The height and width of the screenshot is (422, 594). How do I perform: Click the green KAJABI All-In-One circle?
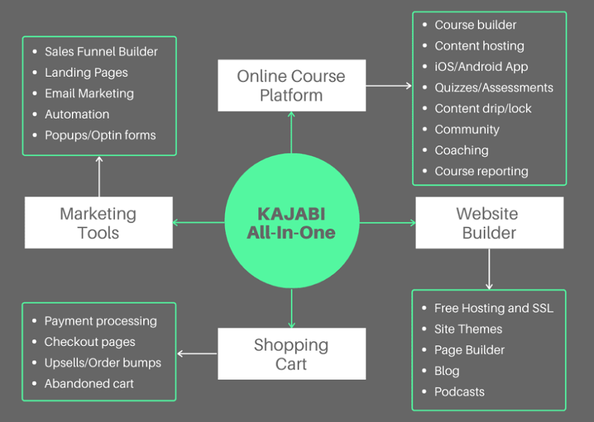(x=292, y=223)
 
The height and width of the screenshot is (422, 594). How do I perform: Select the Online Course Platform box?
(x=292, y=85)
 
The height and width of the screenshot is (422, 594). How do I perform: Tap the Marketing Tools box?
(x=99, y=223)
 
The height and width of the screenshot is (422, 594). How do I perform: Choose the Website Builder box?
(x=489, y=223)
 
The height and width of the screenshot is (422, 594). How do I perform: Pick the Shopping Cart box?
(x=292, y=354)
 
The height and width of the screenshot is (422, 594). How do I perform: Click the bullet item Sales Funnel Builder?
(x=101, y=51)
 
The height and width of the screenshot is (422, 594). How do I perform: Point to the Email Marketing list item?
(x=89, y=94)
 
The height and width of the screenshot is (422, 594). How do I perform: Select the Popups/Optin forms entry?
(x=100, y=135)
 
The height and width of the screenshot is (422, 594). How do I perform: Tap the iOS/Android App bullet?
(x=481, y=67)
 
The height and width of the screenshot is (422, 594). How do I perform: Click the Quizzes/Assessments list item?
(x=494, y=87)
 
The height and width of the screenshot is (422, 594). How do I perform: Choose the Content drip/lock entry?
(x=483, y=108)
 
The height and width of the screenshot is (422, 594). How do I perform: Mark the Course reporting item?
(x=481, y=171)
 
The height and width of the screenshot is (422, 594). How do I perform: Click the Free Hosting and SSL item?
(x=494, y=308)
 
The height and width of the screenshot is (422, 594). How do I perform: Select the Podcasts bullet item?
(x=460, y=392)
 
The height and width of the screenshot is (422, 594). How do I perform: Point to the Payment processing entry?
(x=101, y=321)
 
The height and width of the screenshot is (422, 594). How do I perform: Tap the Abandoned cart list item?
(x=89, y=384)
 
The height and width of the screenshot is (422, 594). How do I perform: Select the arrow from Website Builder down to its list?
(x=489, y=269)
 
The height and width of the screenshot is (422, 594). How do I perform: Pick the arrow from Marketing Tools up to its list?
(x=99, y=176)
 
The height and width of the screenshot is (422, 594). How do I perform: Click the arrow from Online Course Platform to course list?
(x=388, y=85)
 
